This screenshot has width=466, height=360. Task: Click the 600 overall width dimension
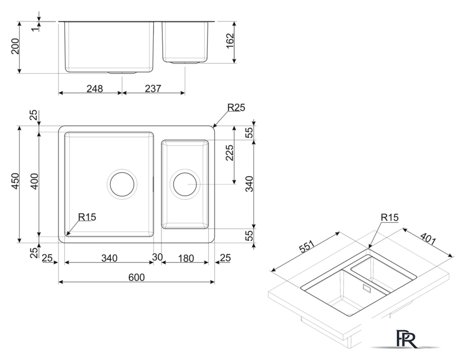[136, 277]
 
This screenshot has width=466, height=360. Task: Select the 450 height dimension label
[15, 181]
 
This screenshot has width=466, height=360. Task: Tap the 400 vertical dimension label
[34, 181]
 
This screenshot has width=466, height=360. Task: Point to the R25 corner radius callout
[236, 107]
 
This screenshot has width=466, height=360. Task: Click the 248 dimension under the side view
[95, 88]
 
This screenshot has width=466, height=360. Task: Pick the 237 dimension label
[153, 88]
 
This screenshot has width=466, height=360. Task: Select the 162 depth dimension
[230, 41]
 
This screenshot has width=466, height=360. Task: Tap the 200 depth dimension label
[15, 46]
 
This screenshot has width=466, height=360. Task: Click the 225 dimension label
[230, 152]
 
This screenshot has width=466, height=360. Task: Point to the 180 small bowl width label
[186, 258]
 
